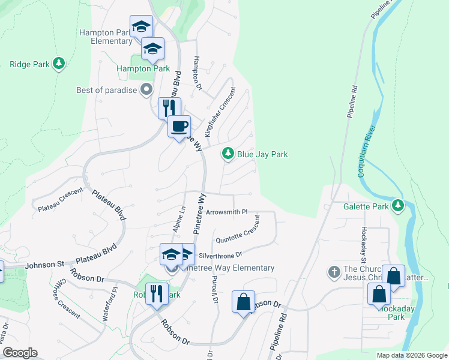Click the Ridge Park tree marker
point(58,63)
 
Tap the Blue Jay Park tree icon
point(228,154)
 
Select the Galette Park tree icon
point(397,206)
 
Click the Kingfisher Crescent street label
point(220,112)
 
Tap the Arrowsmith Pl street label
point(226,212)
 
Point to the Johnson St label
point(43,263)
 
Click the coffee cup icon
point(179,127)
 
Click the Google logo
point(20,353)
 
